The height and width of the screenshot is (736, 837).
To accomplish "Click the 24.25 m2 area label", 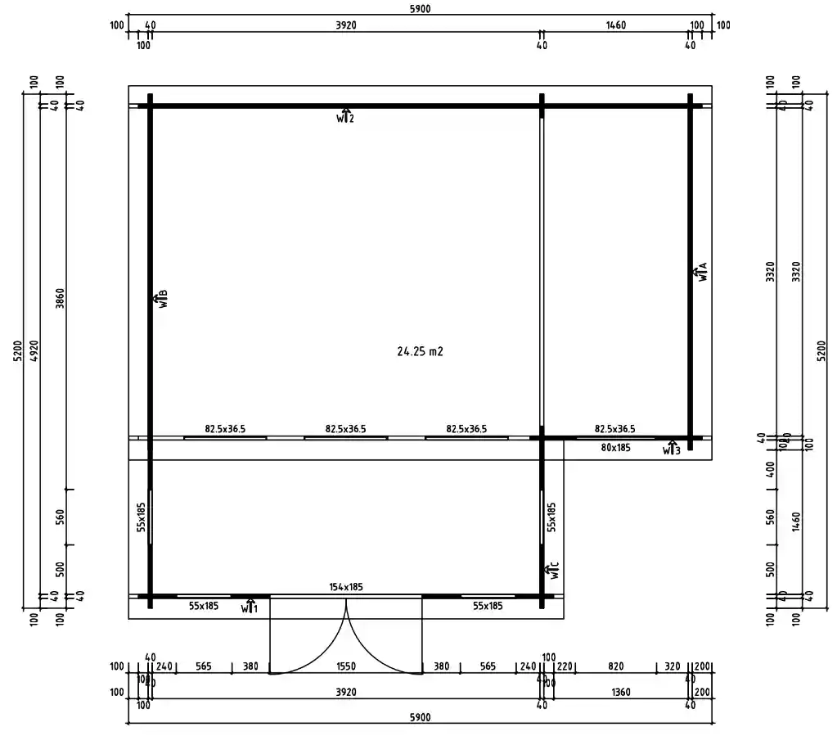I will tap(419, 351).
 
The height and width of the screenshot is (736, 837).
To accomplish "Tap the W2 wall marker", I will tap(346, 115).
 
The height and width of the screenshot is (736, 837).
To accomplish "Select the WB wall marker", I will tap(161, 299).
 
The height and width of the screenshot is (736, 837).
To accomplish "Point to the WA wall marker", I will tap(700, 272).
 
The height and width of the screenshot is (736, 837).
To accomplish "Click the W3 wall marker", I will tap(672, 448).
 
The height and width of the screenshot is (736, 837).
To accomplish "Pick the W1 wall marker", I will tap(250, 607).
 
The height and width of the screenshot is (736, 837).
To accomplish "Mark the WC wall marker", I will tap(551, 569).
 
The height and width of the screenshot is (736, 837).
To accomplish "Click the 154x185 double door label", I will tap(346, 587).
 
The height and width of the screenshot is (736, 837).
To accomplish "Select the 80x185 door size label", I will tap(615, 448).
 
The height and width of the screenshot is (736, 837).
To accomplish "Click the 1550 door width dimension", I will tap(346, 666).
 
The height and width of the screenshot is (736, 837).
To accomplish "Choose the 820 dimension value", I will tap(615, 666).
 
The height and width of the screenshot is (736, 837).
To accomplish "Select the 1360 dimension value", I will tap(620, 692).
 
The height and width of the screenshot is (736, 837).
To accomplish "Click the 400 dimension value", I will tap(770, 470).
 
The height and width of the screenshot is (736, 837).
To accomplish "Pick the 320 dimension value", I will tap(673, 666).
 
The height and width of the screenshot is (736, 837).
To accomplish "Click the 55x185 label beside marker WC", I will tap(551, 517).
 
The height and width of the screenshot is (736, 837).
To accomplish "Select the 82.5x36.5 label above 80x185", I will tap(614, 428).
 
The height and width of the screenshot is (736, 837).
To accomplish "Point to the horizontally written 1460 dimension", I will tap(615, 25).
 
